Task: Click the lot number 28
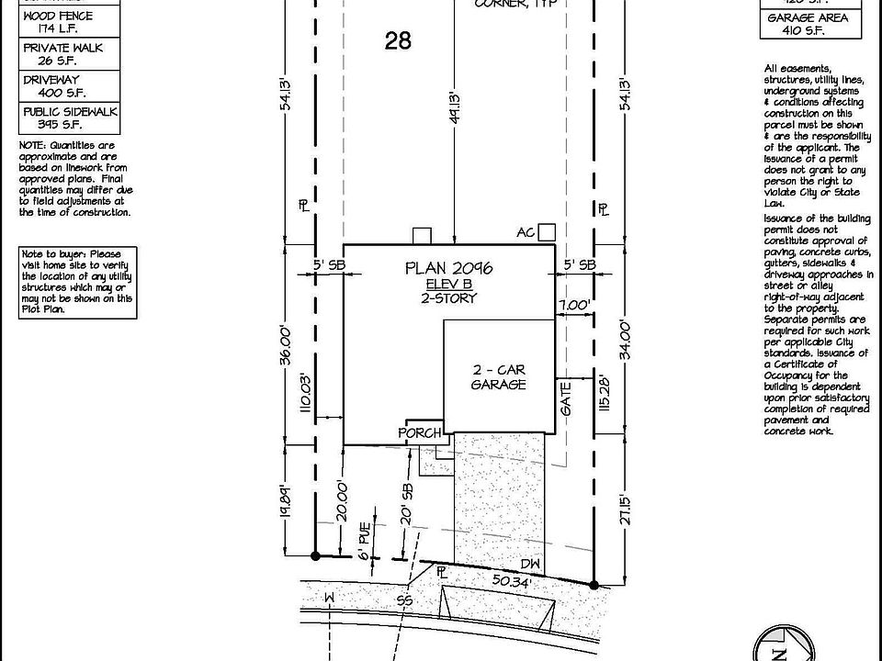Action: click(x=399, y=41)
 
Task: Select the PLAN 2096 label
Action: click(x=449, y=268)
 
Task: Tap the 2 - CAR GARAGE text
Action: click(x=498, y=377)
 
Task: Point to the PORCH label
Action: click(x=420, y=432)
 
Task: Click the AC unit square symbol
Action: click(x=548, y=232)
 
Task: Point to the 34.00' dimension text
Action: click(x=627, y=340)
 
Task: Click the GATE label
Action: click(x=567, y=398)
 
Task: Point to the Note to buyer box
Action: click(x=78, y=282)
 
